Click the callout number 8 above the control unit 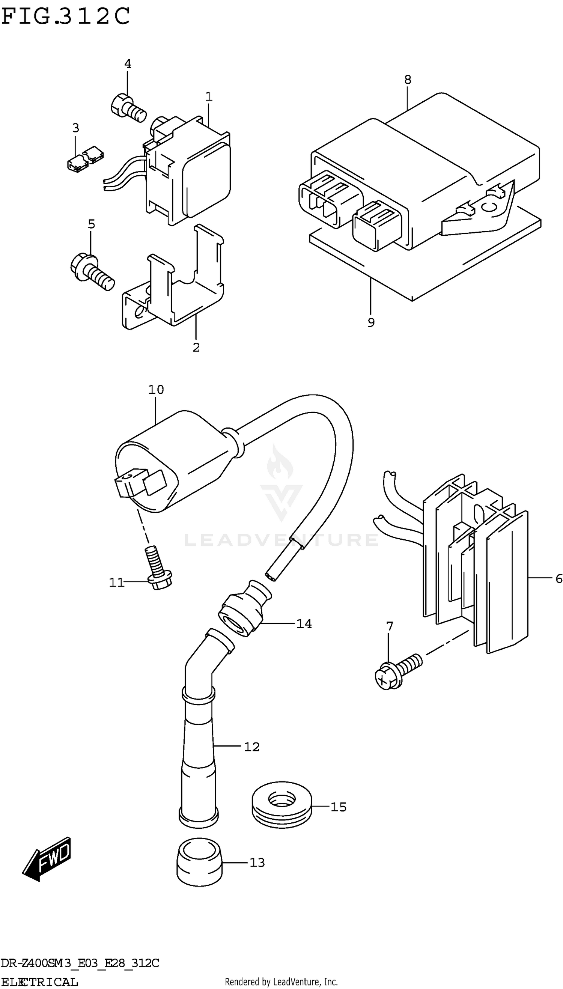point(408,80)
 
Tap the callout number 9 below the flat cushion point(371,322)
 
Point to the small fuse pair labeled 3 point(85,159)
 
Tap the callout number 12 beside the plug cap point(251,747)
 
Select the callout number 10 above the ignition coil point(156,389)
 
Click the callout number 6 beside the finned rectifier point(558,578)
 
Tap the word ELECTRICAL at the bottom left point(39,981)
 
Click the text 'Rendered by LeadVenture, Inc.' point(281,981)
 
